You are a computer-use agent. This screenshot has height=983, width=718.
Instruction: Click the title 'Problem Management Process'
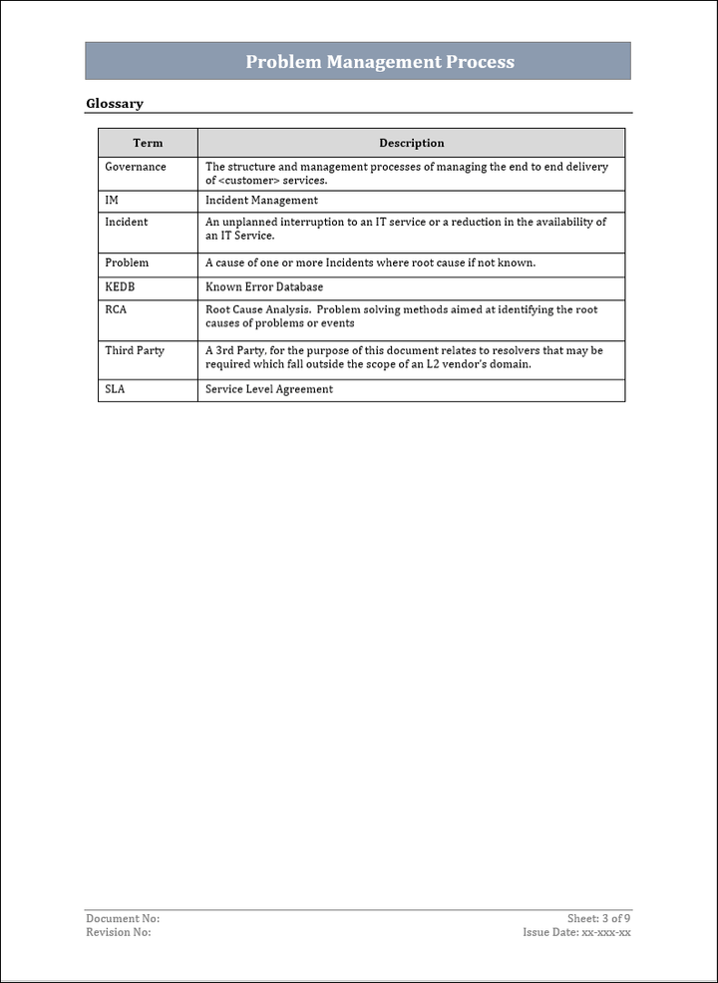(x=380, y=62)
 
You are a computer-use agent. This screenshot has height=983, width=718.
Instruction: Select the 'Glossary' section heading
(x=115, y=104)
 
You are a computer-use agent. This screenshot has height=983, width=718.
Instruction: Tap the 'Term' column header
(x=148, y=143)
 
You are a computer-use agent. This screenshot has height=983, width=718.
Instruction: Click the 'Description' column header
(x=411, y=143)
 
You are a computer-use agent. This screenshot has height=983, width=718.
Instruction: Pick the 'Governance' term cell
(x=136, y=167)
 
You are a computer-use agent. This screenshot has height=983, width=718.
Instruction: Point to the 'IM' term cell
(x=112, y=201)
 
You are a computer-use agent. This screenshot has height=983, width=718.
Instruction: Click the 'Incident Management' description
(x=261, y=201)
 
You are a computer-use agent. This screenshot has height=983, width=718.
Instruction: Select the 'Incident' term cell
(x=127, y=222)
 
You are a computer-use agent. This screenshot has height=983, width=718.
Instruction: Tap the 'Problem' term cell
(x=127, y=262)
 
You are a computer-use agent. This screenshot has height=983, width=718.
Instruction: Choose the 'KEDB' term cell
(x=120, y=286)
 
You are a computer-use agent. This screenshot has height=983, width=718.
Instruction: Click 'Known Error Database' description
(x=264, y=286)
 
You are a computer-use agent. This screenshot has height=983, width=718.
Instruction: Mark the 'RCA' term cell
(x=116, y=309)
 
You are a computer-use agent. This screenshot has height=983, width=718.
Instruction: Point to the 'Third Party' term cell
(x=135, y=350)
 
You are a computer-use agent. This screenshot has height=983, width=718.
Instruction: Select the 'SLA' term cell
(x=116, y=389)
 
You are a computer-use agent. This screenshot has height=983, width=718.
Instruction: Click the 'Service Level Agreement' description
(x=269, y=389)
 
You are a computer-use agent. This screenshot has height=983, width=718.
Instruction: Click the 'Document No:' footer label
(x=123, y=918)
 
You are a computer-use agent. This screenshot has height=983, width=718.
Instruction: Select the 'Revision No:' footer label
(x=119, y=932)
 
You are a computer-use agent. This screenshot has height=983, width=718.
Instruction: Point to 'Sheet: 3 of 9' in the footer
(x=598, y=918)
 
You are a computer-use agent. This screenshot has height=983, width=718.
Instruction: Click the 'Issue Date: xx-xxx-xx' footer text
(x=576, y=932)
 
